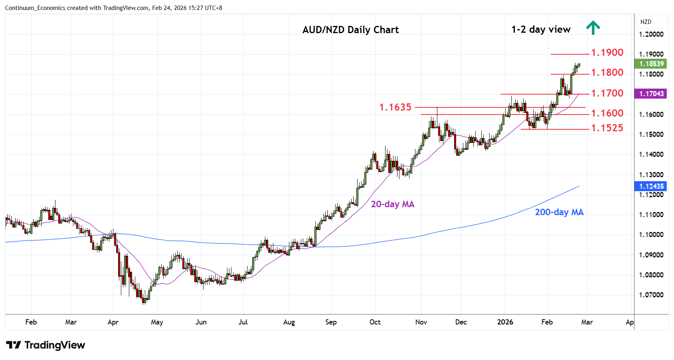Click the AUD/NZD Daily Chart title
point(350,30)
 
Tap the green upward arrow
point(593,28)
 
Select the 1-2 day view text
point(541,30)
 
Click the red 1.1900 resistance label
point(607,53)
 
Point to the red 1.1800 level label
point(607,73)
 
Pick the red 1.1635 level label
point(395,107)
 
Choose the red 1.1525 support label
point(607,128)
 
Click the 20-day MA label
point(393,204)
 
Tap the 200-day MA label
point(559,212)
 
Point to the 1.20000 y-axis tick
point(651,34)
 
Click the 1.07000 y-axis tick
point(651,295)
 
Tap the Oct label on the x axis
point(375,322)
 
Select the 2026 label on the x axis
point(505,322)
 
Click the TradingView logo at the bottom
point(46,345)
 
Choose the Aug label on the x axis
point(289,322)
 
